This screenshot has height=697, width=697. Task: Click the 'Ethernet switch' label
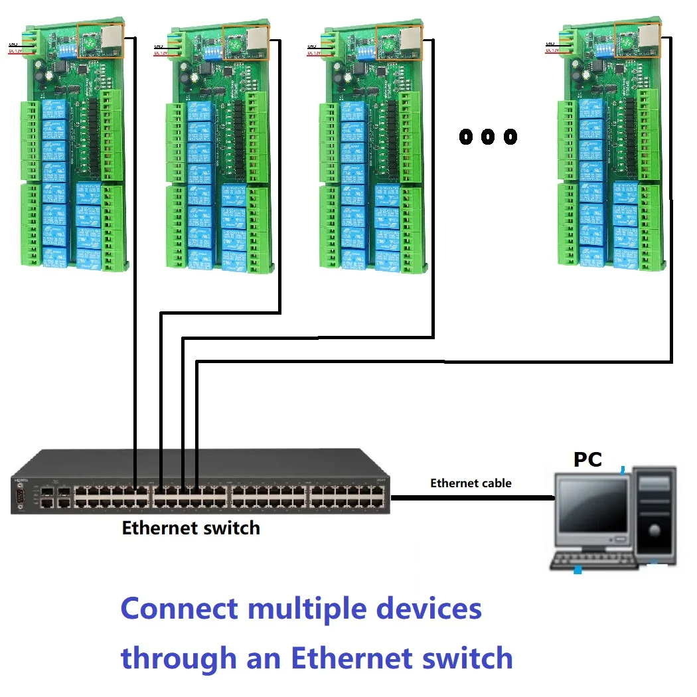(x=191, y=528)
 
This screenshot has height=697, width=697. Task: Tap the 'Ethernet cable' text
(x=471, y=483)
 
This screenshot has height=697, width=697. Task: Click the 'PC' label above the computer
(x=587, y=459)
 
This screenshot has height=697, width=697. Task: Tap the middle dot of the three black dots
(x=488, y=137)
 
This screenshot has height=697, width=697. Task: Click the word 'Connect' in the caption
(x=179, y=609)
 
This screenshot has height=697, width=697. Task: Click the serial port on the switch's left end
(x=20, y=497)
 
